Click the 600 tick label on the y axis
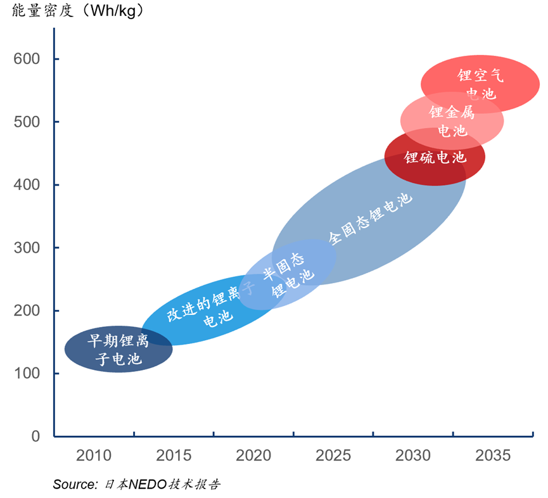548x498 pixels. (x=27, y=59)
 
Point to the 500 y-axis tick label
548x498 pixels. (x=27, y=122)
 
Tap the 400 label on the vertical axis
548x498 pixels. (x=27, y=185)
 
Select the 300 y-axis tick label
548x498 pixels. (x=27, y=248)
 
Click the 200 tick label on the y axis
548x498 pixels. (x=27, y=310)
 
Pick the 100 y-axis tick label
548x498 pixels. (x=27, y=374)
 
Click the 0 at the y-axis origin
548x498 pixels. (x=35, y=437)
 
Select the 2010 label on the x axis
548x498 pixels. (x=94, y=456)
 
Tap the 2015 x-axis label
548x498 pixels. (x=174, y=456)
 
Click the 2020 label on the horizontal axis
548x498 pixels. (x=253, y=456)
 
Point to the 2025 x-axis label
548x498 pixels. (x=333, y=456)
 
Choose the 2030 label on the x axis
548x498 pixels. (x=413, y=456)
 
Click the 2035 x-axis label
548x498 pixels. (x=492, y=456)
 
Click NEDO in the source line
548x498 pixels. (x=147, y=485)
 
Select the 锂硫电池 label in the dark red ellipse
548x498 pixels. (x=435, y=157)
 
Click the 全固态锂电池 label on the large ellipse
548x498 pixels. (x=371, y=219)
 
